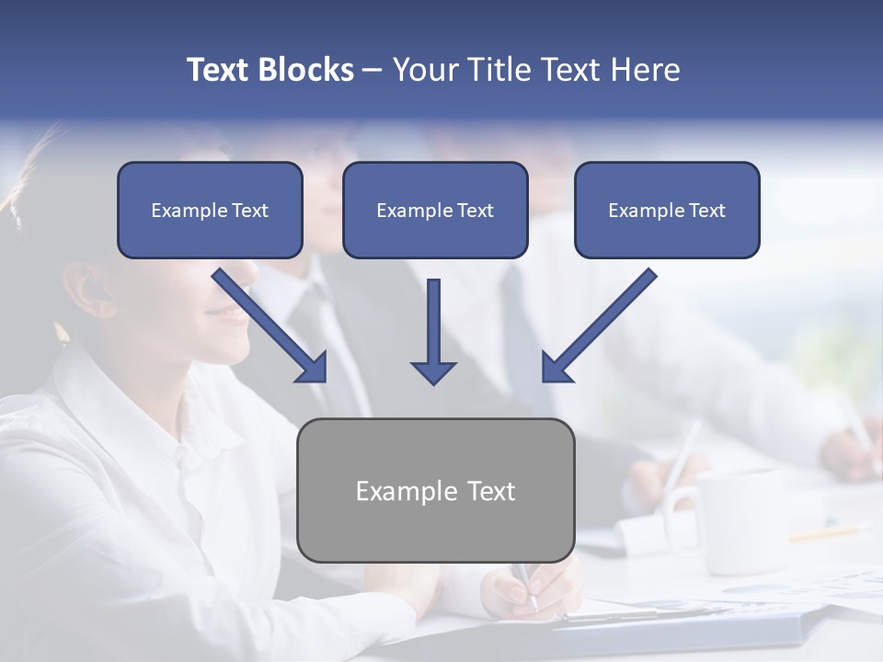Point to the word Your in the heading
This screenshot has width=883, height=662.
(x=423, y=70)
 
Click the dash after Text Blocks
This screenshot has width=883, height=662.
(x=373, y=71)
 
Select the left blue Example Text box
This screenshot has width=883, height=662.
(x=210, y=210)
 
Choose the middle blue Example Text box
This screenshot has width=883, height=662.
(x=435, y=210)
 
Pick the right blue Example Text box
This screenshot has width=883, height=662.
(x=667, y=210)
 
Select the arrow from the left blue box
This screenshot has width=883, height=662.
(x=271, y=326)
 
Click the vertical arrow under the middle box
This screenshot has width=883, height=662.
(x=433, y=331)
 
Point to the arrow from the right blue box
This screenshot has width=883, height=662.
(x=598, y=326)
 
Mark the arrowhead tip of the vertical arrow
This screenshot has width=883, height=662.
(x=433, y=382)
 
